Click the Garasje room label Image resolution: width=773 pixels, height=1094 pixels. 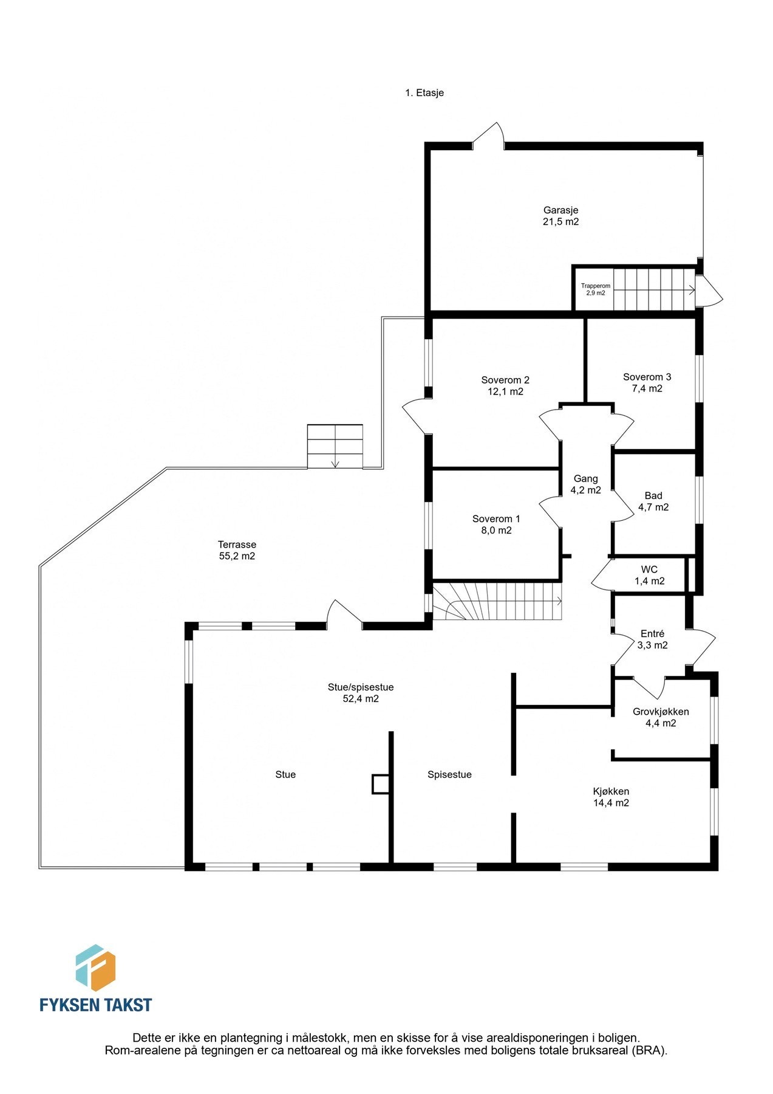(x=560, y=210)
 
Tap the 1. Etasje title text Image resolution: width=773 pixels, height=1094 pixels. (x=424, y=93)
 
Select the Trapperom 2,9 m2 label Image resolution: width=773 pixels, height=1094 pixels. (x=595, y=289)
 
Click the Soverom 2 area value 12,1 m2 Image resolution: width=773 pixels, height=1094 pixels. (x=505, y=391)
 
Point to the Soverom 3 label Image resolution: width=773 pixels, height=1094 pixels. (x=647, y=377)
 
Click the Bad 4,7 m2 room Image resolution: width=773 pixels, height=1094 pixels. (x=653, y=501)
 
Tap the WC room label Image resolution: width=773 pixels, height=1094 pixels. (x=649, y=570)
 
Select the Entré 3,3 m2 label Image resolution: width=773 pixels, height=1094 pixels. (x=652, y=639)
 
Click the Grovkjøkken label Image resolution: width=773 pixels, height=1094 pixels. (x=661, y=712)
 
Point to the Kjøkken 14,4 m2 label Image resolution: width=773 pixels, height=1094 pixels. (x=611, y=797)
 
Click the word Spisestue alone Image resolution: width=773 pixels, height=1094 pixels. (x=449, y=774)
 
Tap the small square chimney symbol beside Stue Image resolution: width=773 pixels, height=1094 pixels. (x=380, y=784)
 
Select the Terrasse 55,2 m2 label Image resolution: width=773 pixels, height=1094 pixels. (x=237, y=550)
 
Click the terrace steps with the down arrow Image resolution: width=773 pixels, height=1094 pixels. (x=335, y=447)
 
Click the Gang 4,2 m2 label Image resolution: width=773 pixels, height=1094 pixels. (x=585, y=484)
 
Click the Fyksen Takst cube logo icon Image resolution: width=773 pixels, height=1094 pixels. (x=95, y=968)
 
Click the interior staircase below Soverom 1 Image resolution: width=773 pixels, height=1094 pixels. (x=498, y=601)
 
